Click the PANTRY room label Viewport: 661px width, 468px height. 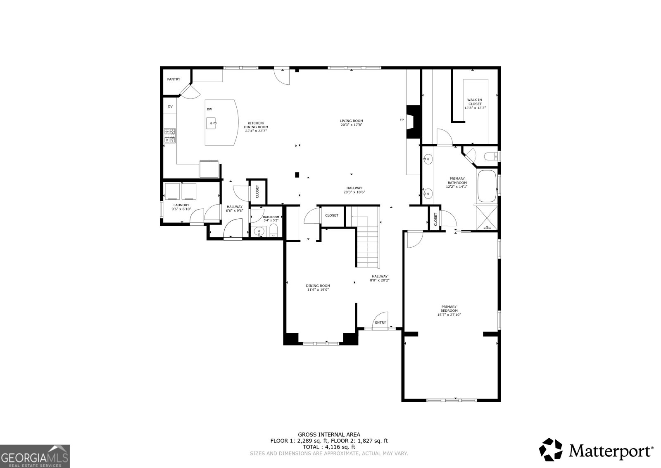174,79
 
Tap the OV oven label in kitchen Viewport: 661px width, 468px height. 170,107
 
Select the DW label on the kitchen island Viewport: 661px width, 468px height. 209,110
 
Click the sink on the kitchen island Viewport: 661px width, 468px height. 212,123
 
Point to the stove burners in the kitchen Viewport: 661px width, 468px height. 170,136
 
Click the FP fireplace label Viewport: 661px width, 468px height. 401,120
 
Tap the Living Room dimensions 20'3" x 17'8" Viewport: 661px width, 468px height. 351,124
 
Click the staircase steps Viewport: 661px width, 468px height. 367,248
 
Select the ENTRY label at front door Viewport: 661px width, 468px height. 380,323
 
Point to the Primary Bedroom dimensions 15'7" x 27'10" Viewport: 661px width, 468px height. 449,315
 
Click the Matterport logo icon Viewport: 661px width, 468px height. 551,450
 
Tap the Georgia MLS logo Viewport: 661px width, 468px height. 35,456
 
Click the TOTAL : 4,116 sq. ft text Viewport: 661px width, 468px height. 329,447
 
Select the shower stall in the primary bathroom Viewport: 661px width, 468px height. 487,217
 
